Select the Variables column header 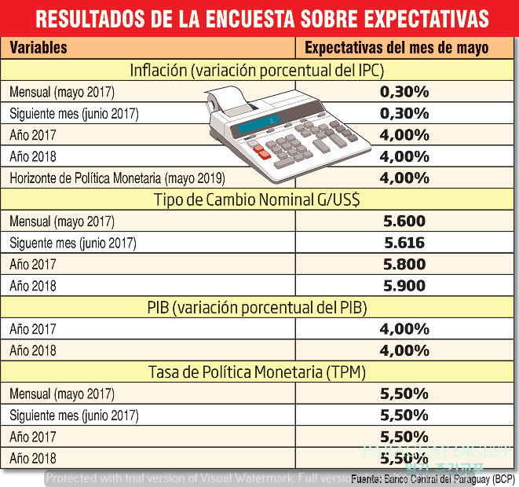click(x=38, y=48)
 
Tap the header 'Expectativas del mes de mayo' click(x=397, y=48)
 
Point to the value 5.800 click(x=404, y=265)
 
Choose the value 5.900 click(x=404, y=286)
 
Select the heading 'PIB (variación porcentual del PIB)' click(x=259, y=307)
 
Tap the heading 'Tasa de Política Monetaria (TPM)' click(x=259, y=372)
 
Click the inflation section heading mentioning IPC click(x=259, y=71)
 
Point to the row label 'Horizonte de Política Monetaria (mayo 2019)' click(x=118, y=178)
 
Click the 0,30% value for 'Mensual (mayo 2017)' click(x=404, y=92)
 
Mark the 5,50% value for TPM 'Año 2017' click(x=404, y=436)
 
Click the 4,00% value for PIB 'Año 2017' click(x=404, y=329)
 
